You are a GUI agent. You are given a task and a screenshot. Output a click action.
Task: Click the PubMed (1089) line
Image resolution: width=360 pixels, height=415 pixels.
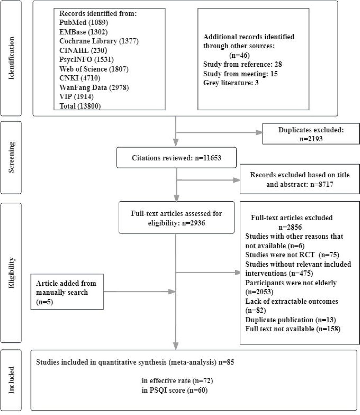pos(84,22)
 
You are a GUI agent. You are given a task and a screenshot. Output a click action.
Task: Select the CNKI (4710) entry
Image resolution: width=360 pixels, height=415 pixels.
pos(80,78)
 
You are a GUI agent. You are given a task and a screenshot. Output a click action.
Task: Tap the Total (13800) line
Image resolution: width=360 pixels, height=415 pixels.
pos(80,106)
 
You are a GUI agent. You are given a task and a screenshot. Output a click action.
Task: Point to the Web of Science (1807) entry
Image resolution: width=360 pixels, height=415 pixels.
pos(94,69)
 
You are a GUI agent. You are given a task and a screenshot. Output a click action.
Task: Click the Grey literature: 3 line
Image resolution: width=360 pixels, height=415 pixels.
pos(231,83)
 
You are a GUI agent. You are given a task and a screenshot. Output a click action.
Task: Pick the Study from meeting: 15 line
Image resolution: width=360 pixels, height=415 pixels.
pos(240,74)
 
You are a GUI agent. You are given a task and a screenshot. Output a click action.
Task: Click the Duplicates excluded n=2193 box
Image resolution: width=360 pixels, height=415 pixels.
pos(311,134)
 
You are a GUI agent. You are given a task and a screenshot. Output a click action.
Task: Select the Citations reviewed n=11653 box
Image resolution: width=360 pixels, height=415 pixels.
pos(176,158)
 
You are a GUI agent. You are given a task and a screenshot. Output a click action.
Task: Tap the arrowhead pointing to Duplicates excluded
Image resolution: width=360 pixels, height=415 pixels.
pos(259,133)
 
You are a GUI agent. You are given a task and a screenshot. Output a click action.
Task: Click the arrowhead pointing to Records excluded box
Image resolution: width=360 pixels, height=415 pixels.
pos(237,180)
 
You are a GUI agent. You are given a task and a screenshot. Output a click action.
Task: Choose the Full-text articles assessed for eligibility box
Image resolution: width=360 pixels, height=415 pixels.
pos(176,218)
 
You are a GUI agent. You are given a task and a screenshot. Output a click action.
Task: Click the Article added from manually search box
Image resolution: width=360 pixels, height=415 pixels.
pos(67,292)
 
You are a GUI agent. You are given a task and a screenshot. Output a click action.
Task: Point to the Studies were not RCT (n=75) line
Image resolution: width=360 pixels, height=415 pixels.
pos(292,255)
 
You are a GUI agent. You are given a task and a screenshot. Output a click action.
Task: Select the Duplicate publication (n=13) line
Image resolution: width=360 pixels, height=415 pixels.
pos(290,320)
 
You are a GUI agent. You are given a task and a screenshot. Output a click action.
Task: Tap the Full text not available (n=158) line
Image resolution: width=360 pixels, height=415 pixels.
pos(293,329)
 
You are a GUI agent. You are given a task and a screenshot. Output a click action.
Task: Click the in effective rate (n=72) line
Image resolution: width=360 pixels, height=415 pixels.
pos(177,381)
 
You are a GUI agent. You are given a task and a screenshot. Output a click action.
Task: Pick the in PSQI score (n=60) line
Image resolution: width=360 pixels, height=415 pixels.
pos(175,390)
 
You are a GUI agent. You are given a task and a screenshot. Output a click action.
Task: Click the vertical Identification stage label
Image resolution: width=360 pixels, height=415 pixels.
pos(11,58)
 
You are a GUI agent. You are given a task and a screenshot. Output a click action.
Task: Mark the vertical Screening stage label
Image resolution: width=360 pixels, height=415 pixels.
pos(11,157)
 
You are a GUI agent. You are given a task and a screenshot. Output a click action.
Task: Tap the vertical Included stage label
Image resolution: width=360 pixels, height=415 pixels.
pos(11,380)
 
